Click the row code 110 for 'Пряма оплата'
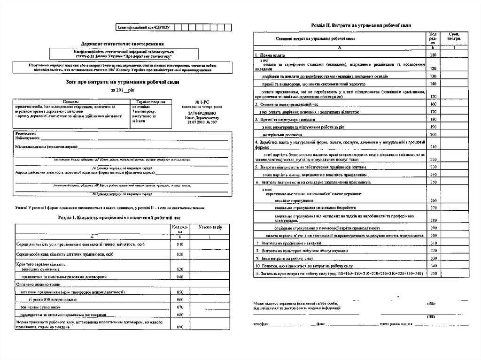click(433, 55)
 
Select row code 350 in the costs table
click(433, 273)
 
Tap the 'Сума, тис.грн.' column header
click(454, 37)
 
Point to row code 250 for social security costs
click(433, 182)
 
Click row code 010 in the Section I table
click(179, 245)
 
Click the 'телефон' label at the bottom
click(262, 324)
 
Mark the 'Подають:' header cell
click(71, 101)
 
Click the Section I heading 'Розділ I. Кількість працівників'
click(119, 218)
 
